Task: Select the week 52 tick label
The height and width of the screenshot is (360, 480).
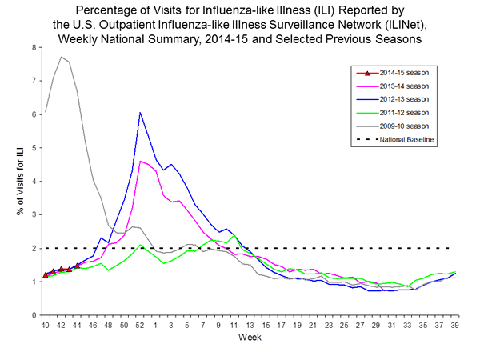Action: click(x=140, y=326)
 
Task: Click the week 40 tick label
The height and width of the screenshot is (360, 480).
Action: click(x=46, y=326)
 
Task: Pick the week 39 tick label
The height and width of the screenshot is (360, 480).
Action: click(x=454, y=326)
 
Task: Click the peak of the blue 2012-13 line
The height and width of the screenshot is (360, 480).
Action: click(x=140, y=112)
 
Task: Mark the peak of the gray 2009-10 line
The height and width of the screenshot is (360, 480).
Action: click(x=62, y=57)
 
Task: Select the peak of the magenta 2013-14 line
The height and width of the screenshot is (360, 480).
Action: click(x=140, y=161)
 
